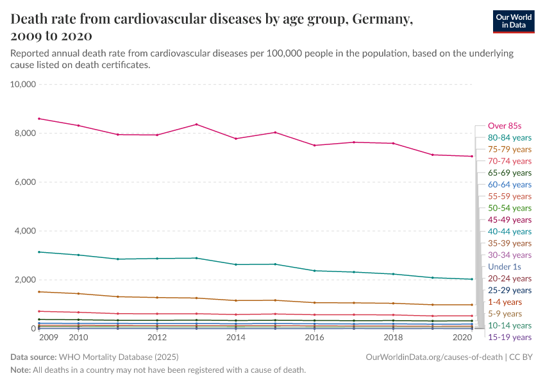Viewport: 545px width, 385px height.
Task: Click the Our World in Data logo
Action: pos(514,21)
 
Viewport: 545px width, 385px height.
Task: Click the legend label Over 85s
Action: pos(505,126)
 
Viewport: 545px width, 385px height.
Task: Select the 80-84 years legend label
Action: pos(509,137)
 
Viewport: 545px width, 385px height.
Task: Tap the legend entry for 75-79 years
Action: pos(509,150)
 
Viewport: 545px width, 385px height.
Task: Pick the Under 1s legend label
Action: pos(504,266)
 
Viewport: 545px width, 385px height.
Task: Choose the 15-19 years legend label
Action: pos(509,337)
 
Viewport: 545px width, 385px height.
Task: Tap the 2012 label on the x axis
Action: pos(157,337)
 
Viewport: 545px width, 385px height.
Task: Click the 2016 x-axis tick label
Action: pos(314,337)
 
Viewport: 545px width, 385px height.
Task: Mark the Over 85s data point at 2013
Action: pos(196,124)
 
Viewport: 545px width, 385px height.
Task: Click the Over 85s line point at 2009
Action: pos(39,119)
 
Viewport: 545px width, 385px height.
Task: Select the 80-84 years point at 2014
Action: pos(235,264)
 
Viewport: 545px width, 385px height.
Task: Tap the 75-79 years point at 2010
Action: pos(78,294)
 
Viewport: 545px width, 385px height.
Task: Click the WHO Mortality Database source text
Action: pos(119,356)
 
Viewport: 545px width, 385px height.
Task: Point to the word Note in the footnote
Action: pos(21,370)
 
